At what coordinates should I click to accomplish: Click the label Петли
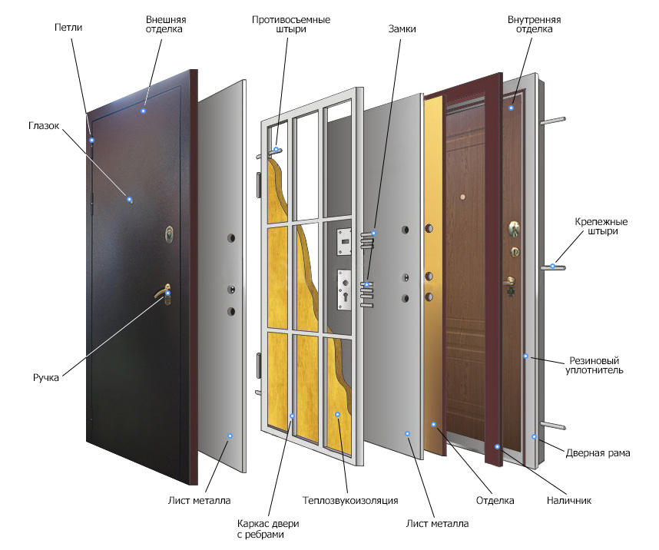coord(68,28)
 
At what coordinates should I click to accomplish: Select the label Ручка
coord(46,378)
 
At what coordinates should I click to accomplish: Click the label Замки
coord(400,28)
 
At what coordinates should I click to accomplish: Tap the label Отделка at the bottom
coord(495,501)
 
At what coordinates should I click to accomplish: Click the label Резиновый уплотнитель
coord(594,365)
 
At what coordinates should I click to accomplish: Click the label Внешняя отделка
coord(166,24)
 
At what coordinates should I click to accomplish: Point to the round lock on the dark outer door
coord(170,232)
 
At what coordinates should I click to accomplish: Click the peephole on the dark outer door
coord(131,200)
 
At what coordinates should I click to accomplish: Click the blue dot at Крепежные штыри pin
coord(552,267)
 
